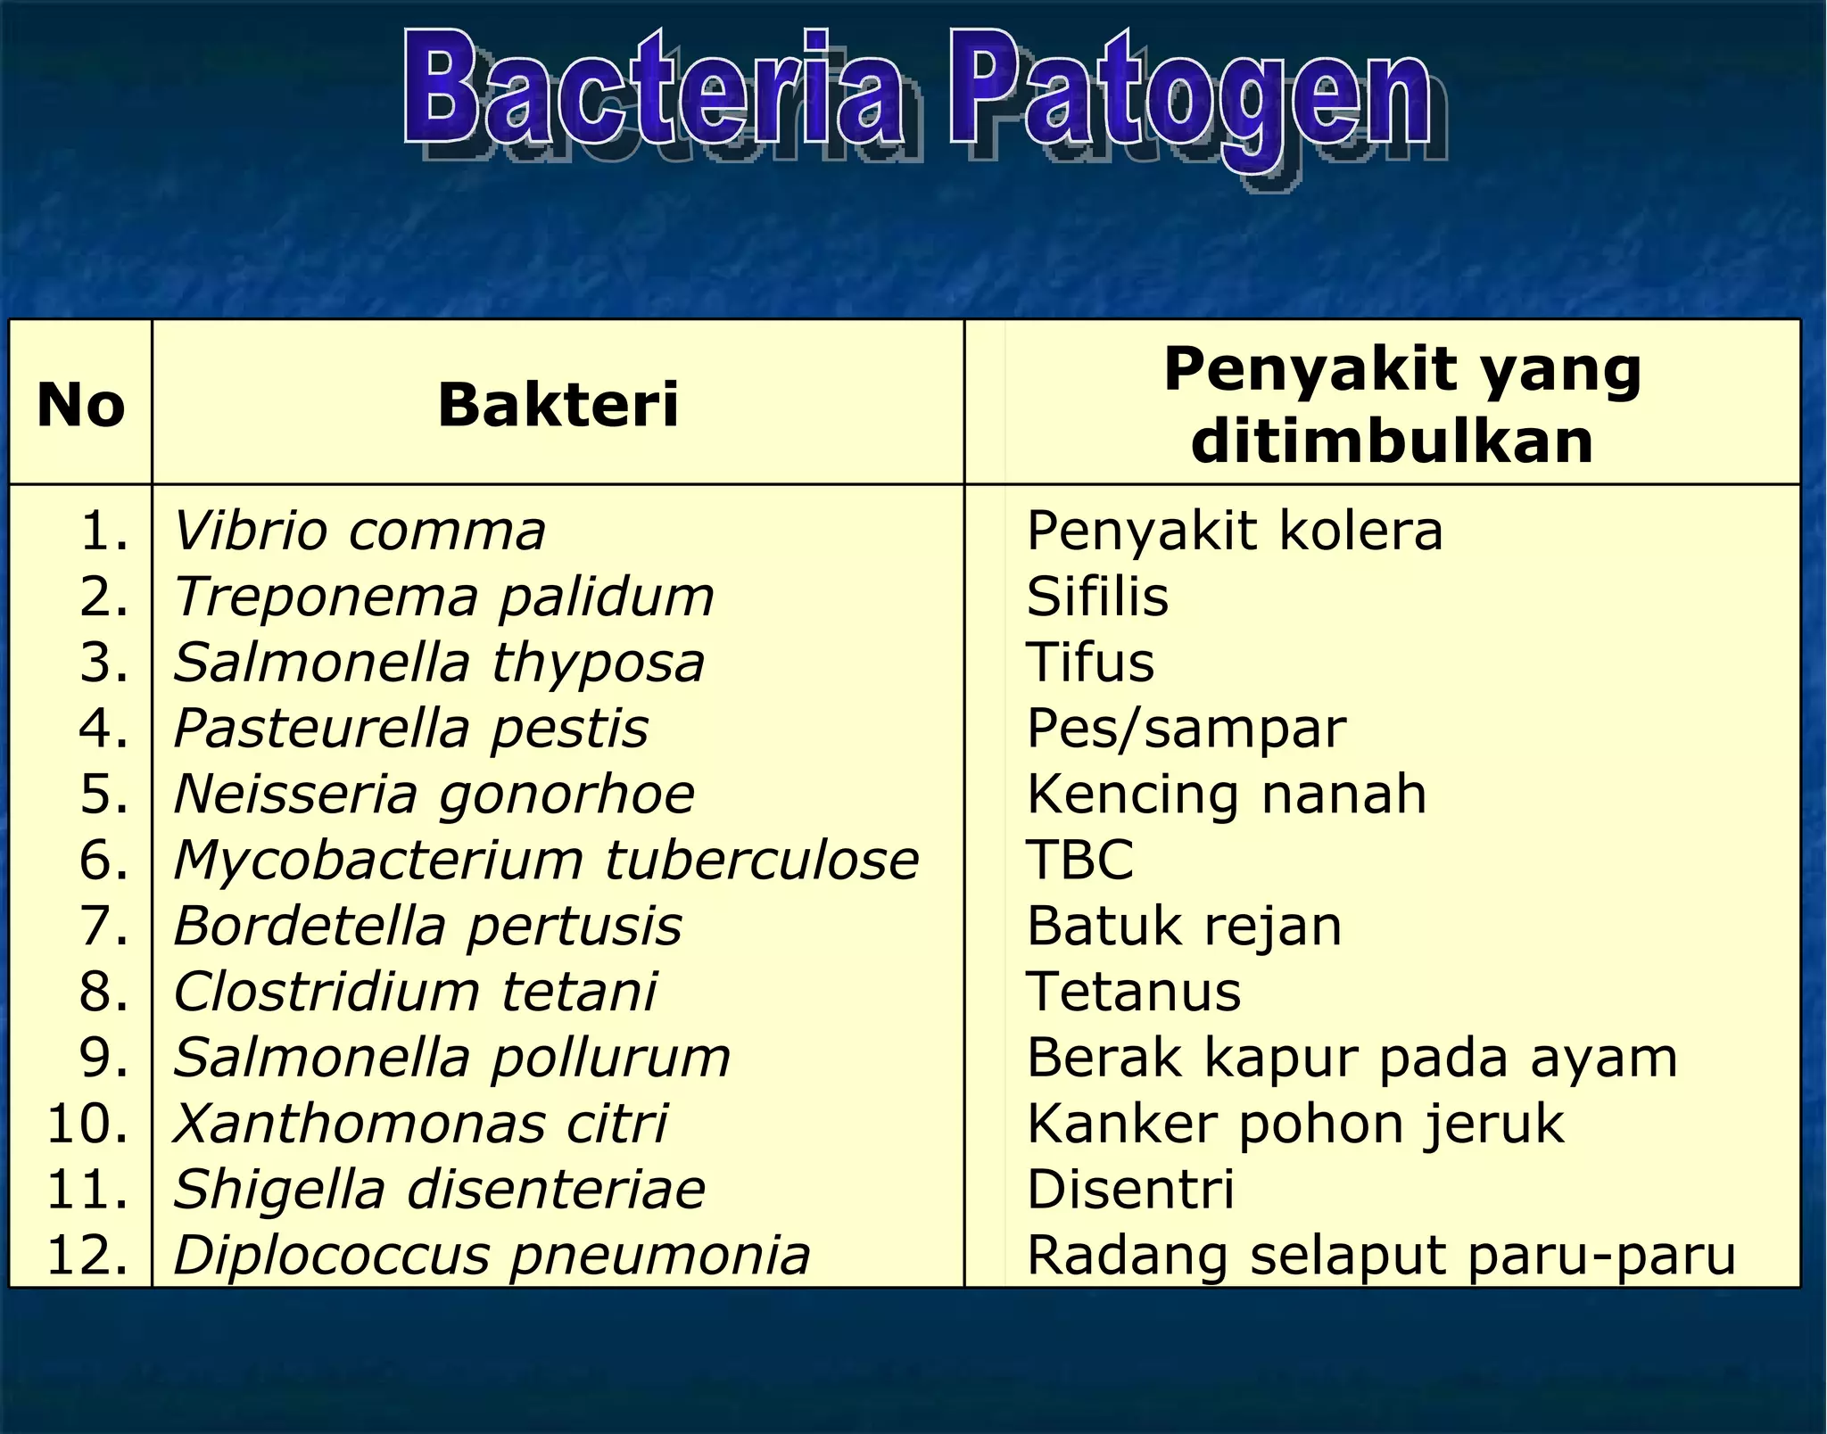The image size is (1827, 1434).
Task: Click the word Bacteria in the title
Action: click(x=653, y=94)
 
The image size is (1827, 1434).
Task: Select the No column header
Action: click(x=80, y=406)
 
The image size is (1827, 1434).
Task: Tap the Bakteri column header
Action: click(x=558, y=406)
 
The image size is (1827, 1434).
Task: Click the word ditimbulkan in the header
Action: click(x=1392, y=441)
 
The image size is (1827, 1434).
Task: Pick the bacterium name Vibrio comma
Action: click(x=359, y=532)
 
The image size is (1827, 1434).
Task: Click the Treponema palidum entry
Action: click(x=443, y=597)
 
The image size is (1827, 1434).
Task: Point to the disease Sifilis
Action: click(x=1096, y=597)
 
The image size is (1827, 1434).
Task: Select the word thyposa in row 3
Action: click(x=598, y=663)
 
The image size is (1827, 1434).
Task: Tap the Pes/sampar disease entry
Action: click(x=1186, y=729)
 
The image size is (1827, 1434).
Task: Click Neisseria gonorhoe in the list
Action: click(x=434, y=794)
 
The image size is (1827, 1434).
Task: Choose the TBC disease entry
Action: click(x=1079, y=860)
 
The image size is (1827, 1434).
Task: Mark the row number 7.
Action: click(x=103, y=926)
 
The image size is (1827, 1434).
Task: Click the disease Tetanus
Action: click(x=1133, y=992)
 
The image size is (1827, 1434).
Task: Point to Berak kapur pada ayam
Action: click(x=1352, y=1058)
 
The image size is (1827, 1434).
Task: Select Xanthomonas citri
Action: click(x=419, y=1124)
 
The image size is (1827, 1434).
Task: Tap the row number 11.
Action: click(x=87, y=1190)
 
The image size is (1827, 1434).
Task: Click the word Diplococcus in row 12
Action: click(x=331, y=1256)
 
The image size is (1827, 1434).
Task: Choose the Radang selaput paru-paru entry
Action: click(x=1381, y=1256)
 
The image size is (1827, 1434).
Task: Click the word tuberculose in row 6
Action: click(x=761, y=860)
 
